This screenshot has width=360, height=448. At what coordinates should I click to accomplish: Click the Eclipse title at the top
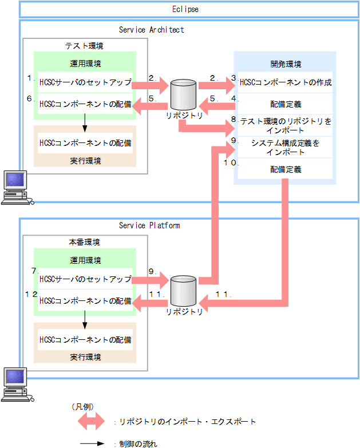tap(185, 9)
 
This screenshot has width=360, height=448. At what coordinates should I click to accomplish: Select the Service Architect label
tap(151, 30)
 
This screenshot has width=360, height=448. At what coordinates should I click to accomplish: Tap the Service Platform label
tap(149, 225)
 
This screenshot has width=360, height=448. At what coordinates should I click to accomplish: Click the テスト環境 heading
tap(85, 46)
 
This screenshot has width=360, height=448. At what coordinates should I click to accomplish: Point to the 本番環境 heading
tap(85, 242)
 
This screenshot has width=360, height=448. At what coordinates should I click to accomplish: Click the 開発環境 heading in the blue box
tap(285, 64)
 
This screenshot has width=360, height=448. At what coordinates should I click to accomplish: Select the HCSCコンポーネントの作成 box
tap(285, 82)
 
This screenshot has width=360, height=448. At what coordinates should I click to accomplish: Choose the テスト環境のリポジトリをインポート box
tap(285, 125)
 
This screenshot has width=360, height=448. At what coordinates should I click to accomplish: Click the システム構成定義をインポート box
tap(285, 148)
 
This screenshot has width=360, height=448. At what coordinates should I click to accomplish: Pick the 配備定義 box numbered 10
tap(285, 170)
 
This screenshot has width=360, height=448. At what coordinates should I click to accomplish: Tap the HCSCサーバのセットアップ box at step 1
tap(85, 82)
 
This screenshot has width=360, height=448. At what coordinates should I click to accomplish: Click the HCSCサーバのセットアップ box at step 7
tap(85, 279)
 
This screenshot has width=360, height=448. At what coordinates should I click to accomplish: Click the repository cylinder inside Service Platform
tap(184, 290)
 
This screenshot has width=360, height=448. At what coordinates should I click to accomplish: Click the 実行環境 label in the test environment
tap(85, 161)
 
